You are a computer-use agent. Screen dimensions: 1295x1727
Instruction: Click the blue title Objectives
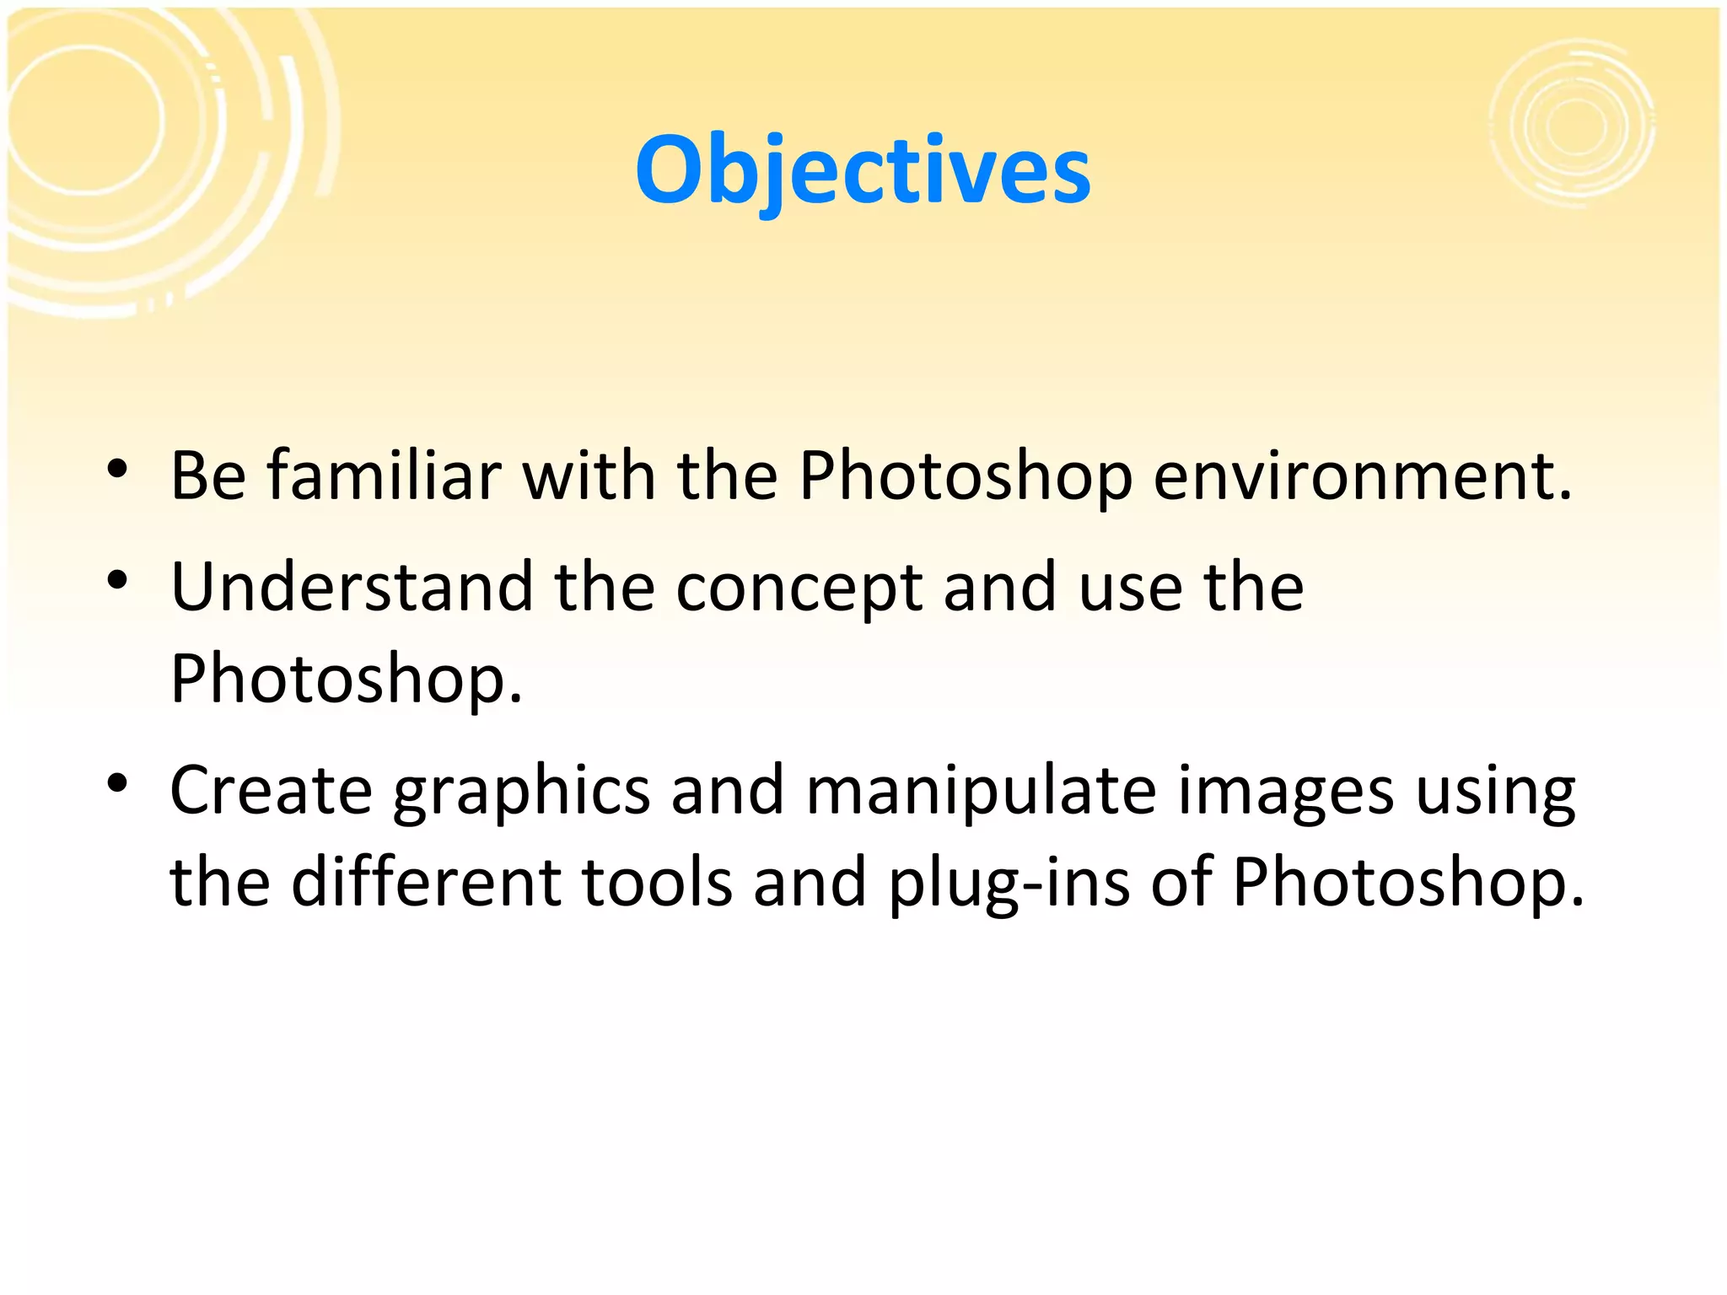pyautogui.click(x=863, y=171)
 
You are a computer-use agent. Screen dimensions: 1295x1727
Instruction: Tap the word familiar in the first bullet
pyautogui.click(x=385, y=476)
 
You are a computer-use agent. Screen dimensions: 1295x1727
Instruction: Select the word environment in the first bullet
pyautogui.click(x=1362, y=477)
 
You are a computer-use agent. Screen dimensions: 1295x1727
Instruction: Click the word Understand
pyautogui.click(x=352, y=587)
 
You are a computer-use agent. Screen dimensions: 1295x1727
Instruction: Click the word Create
pyautogui.click(x=271, y=791)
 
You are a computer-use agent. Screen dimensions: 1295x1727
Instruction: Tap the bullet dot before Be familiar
pyautogui.click(x=117, y=469)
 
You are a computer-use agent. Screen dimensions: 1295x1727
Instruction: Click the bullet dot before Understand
pyautogui.click(x=117, y=580)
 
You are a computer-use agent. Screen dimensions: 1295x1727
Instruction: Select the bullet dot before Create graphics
pyautogui.click(x=117, y=783)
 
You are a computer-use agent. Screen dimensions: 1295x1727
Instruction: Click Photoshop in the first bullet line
pyautogui.click(x=965, y=477)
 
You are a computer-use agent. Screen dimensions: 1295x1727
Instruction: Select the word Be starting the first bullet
pyautogui.click(x=208, y=476)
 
